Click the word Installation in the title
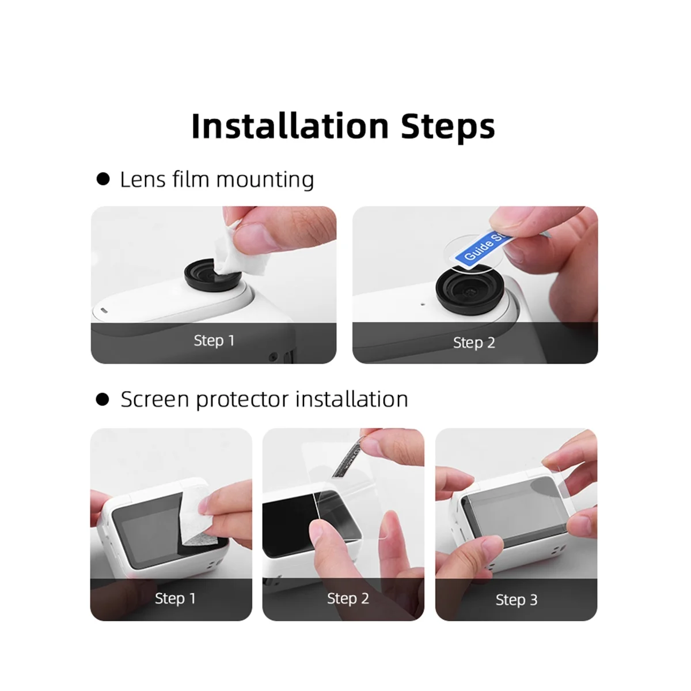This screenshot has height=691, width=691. click(x=290, y=126)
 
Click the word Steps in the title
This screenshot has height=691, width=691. click(x=447, y=126)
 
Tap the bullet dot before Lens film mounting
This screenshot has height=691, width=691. click(x=103, y=180)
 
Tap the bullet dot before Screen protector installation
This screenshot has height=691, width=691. click(x=102, y=399)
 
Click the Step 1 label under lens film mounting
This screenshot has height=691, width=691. click(x=214, y=340)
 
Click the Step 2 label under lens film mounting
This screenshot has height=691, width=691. click(x=474, y=343)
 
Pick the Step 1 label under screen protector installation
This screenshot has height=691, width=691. click(x=175, y=598)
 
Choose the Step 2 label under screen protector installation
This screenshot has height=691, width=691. click(x=348, y=598)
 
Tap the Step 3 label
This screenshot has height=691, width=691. click(x=517, y=600)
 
